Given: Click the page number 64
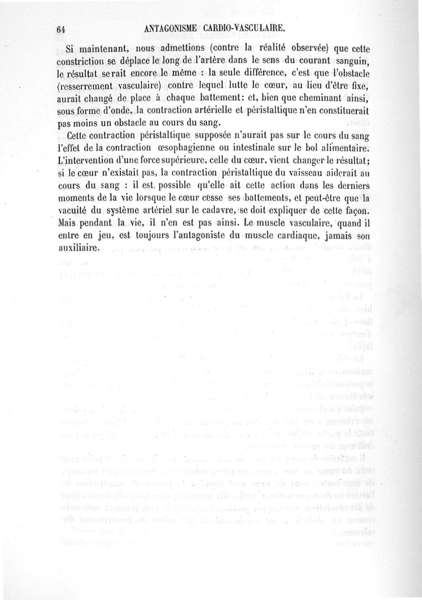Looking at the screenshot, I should coord(59,30).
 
